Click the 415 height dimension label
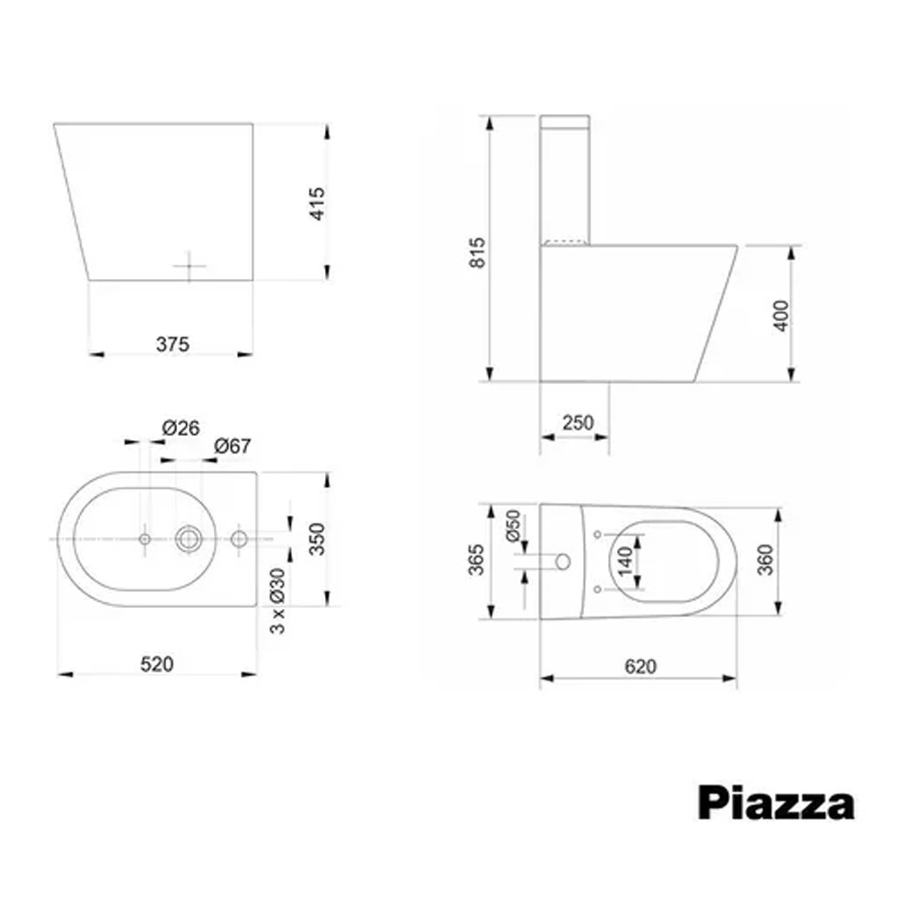pyautogui.click(x=317, y=203)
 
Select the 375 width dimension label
pyautogui.click(x=172, y=343)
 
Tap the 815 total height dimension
pyautogui.click(x=477, y=251)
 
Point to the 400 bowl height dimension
pyautogui.click(x=781, y=314)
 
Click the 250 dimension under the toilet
pyautogui.click(x=578, y=423)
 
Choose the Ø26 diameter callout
pyautogui.click(x=181, y=428)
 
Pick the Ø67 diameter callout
pyautogui.click(x=232, y=447)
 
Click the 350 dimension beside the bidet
pyautogui.click(x=317, y=539)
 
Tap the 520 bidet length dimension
pyautogui.click(x=156, y=664)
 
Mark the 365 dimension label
pyautogui.click(x=477, y=560)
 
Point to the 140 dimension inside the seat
pyautogui.click(x=624, y=560)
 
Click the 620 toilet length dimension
pyautogui.click(x=640, y=666)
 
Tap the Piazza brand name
pyautogui.click(x=776, y=803)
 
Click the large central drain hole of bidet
pyautogui.click(x=189, y=539)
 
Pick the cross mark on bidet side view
pyautogui.click(x=190, y=266)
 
